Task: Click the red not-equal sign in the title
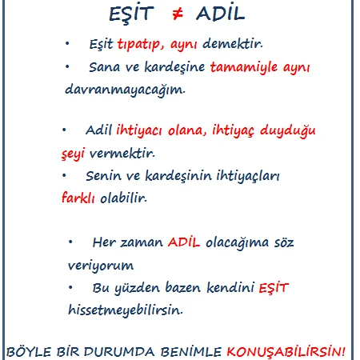tap(178, 14)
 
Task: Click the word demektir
tap(233, 43)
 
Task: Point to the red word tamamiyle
tap(244, 67)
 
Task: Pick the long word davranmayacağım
tap(125, 90)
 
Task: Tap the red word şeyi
tap(73, 154)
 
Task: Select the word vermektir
tap(122, 154)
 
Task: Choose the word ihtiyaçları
tap(248, 176)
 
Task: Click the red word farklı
tap(78, 198)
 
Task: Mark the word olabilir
tap(123, 198)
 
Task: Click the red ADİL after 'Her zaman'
tap(184, 242)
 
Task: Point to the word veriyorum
tap(101, 266)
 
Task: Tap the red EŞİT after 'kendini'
tap(274, 287)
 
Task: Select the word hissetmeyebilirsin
tap(126, 310)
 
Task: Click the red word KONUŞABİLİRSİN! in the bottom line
tap(286, 351)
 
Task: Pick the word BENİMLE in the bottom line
tap(191, 352)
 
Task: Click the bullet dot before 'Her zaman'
tap(70, 242)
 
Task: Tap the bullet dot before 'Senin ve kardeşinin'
tap(64, 175)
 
